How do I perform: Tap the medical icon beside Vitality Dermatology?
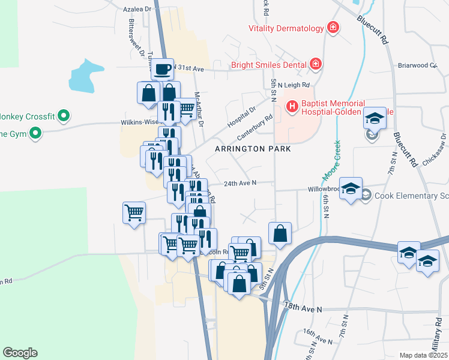coord(331,28)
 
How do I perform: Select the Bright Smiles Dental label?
coord(270,64)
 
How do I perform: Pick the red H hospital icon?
coord(292,107)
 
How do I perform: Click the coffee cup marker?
coord(162,70)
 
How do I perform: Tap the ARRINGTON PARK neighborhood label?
coord(254,148)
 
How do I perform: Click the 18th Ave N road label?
coord(303,307)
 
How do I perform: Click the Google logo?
coord(20,353)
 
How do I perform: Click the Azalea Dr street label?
coord(137,9)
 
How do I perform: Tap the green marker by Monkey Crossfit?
coord(66,116)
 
